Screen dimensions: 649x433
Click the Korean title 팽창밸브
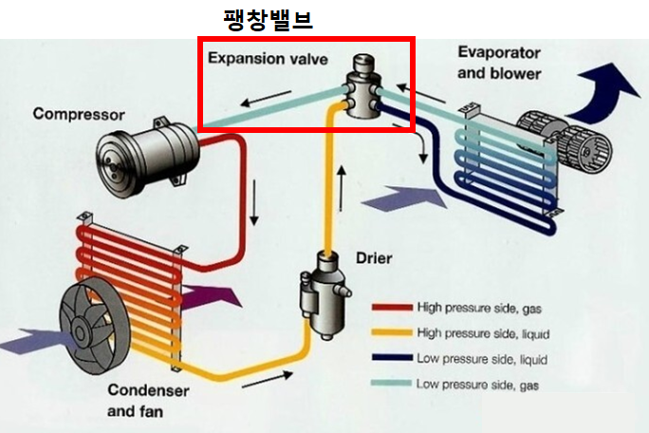(268, 20)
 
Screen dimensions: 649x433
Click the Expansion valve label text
(268, 59)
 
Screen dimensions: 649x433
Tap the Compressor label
(79, 114)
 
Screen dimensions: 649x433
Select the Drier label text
(374, 258)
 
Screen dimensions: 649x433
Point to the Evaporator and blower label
(499, 63)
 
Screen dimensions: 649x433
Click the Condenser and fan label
(148, 401)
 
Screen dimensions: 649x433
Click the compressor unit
(147, 159)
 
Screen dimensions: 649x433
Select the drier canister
(324, 295)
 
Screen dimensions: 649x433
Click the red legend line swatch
(392, 308)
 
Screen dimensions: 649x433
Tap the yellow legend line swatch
(392, 332)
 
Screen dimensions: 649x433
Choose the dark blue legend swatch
(392, 358)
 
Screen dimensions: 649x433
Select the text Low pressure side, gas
(477, 385)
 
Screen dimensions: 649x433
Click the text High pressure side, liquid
(483, 333)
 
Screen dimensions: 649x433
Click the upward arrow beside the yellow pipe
(342, 189)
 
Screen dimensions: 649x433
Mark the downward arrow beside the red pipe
(254, 202)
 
